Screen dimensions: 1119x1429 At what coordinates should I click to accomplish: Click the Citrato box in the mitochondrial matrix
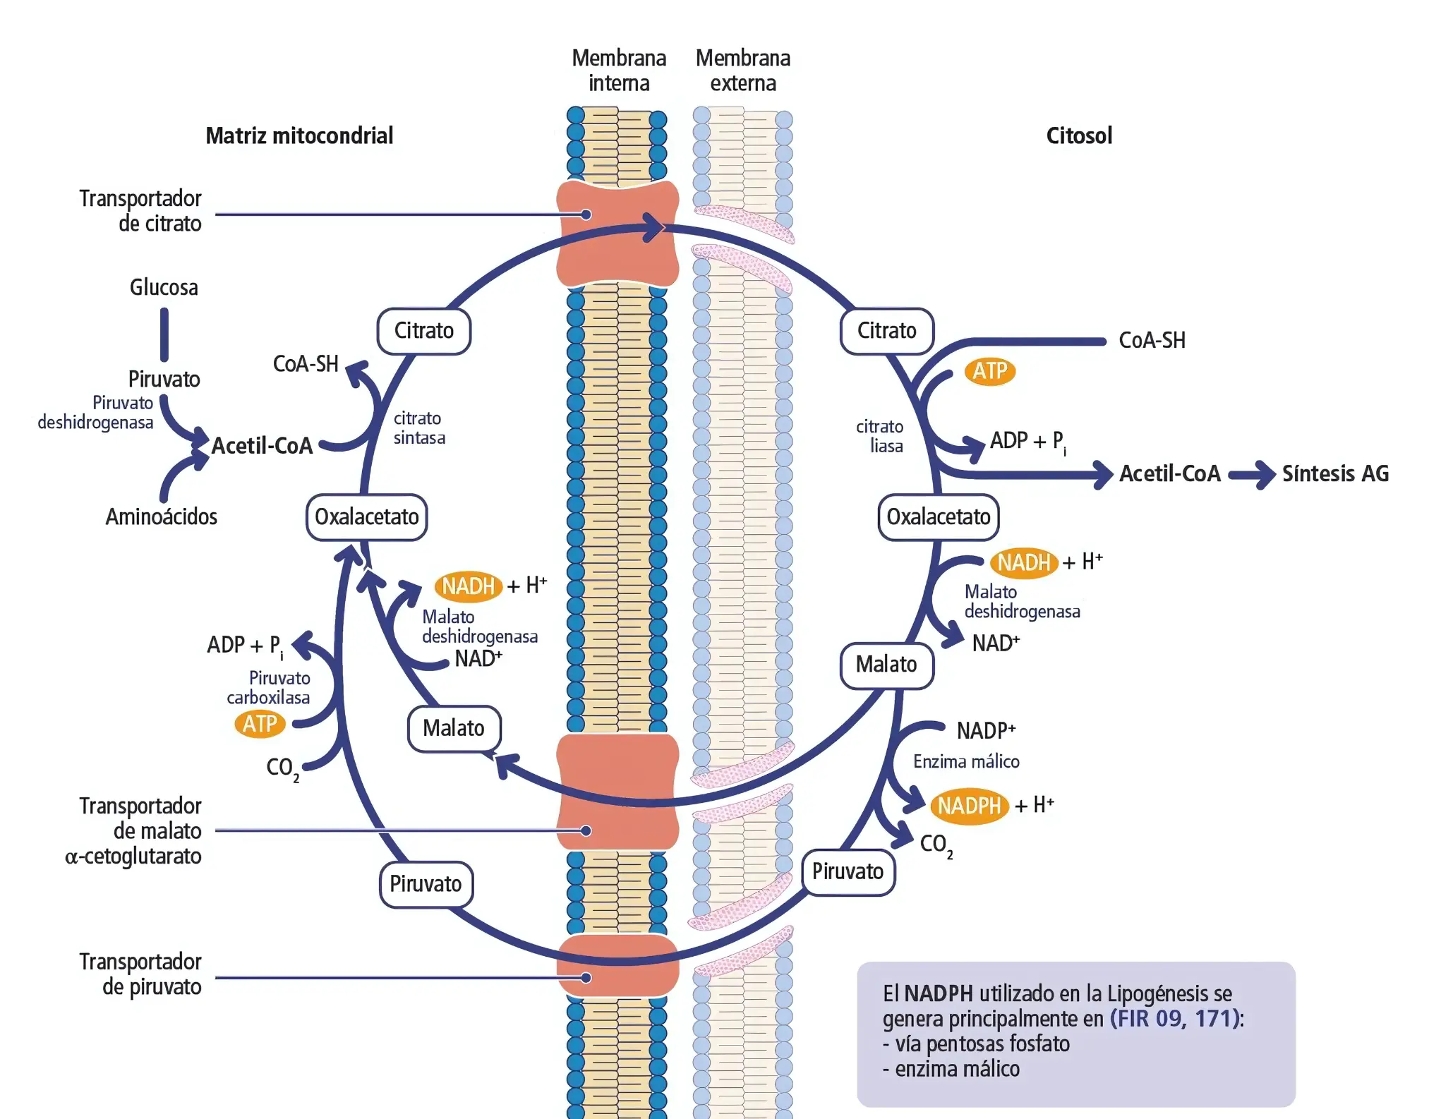pyautogui.click(x=423, y=331)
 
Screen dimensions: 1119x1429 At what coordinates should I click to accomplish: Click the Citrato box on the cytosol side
pyautogui.click(x=886, y=331)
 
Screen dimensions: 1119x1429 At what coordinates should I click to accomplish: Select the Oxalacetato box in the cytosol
pyautogui.click(x=938, y=517)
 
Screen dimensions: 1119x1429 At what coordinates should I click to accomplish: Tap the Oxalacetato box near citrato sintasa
pyautogui.click(x=366, y=517)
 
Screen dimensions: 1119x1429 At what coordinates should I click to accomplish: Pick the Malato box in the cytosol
pyautogui.click(x=886, y=665)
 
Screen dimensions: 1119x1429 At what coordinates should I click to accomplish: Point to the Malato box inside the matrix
pyautogui.click(x=454, y=728)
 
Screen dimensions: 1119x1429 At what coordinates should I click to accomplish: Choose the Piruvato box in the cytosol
pyautogui.click(x=848, y=872)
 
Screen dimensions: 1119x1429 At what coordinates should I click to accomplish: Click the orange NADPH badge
pyautogui.click(x=969, y=806)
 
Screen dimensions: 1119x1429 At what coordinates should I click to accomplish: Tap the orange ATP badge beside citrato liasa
pyautogui.click(x=989, y=371)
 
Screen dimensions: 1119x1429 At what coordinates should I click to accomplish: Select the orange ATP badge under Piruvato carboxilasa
pyautogui.click(x=260, y=724)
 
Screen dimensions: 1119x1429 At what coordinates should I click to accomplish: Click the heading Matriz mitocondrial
pyautogui.click(x=299, y=135)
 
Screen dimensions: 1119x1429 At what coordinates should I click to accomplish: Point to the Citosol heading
pyautogui.click(x=1078, y=135)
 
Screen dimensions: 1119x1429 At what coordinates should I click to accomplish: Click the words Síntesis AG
pyautogui.click(x=1335, y=473)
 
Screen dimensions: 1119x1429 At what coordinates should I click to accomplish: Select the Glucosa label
pyautogui.click(x=164, y=288)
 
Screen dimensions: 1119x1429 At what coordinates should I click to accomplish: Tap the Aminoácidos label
pyautogui.click(x=161, y=517)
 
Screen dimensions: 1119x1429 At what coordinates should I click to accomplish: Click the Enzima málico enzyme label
pyautogui.click(x=966, y=762)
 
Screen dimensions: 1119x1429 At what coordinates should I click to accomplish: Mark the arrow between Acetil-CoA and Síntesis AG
pyautogui.click(x=1252, y=474)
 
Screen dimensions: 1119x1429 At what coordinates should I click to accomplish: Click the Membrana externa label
pyautogui.click(x=742, y=71)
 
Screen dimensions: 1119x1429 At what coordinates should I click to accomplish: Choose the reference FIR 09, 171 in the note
pyautogui.click(x=1176, y=1019)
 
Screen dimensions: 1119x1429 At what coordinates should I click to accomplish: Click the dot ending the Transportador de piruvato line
pyautogui.click(x=586, y=978)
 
